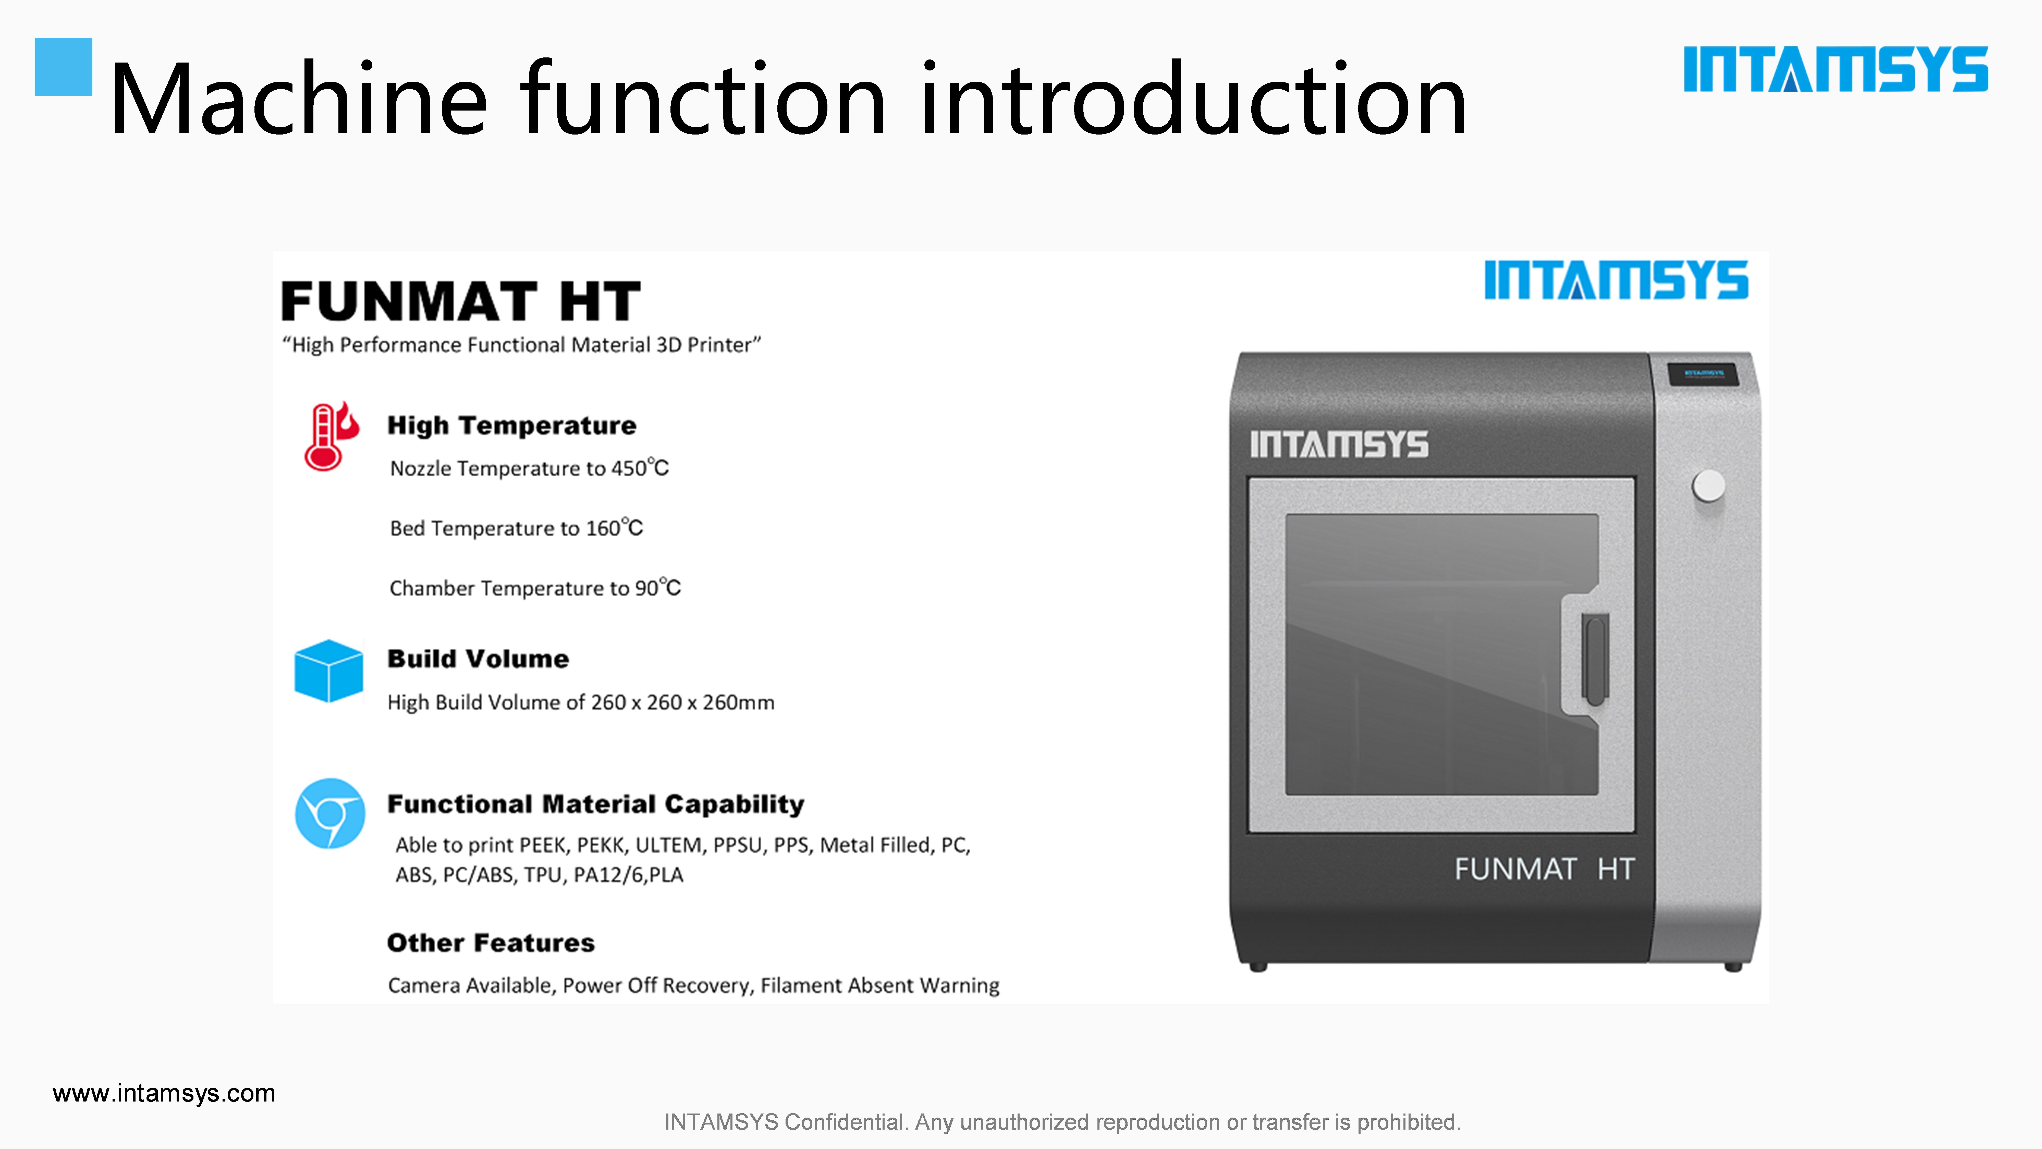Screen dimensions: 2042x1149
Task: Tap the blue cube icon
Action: [x=328, y=671]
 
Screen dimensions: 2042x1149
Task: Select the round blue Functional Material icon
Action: [x=330, y=813]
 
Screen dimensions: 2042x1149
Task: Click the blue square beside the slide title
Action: [x=63, y=67]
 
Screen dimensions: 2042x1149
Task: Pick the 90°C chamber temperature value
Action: [x=658, y=588]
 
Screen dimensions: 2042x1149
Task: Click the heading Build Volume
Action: [x=478, y=659]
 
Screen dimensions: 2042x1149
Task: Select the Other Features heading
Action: [x=491, y=943]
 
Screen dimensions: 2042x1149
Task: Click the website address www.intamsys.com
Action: [x=164, y=1094]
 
